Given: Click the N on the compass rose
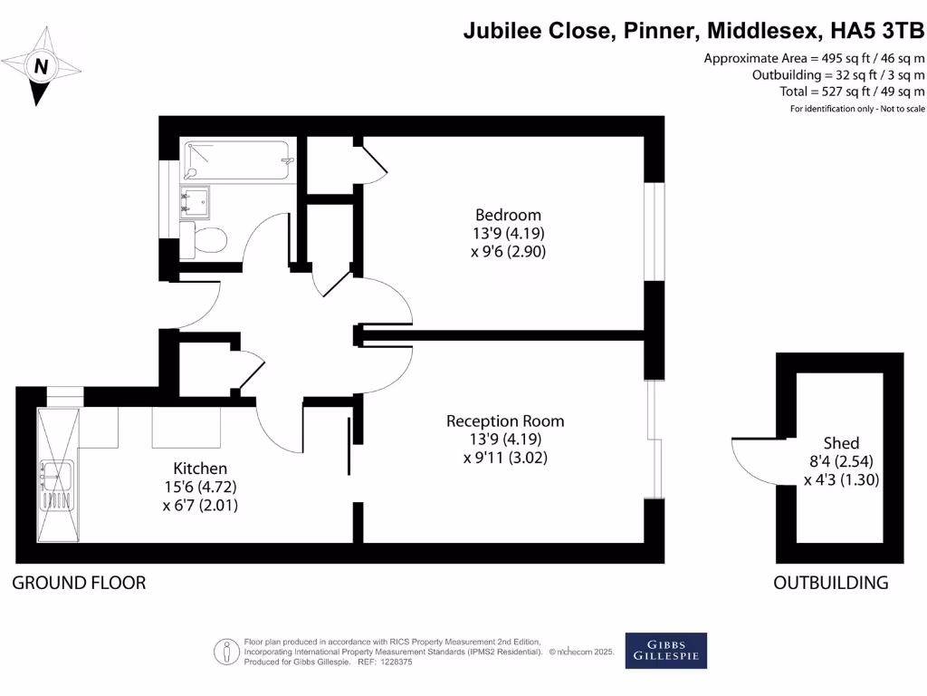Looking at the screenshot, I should pos(41,66).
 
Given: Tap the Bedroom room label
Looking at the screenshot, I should pos(508,215).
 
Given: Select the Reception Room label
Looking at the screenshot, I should pos(505,421).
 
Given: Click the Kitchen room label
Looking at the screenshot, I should pos(200,469).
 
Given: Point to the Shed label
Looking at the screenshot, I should pos(841,443).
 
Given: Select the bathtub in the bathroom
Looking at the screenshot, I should pos(237,161).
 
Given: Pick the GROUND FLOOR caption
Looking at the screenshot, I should pos(79,583).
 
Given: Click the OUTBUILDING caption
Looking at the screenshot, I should pos(830,583).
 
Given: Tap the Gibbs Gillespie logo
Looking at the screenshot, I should pos(665,650).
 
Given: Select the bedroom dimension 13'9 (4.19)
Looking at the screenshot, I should pos(508,233).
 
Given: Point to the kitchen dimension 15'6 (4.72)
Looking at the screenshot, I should pos(200,488).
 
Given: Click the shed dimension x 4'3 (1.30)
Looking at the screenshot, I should pos(841,479).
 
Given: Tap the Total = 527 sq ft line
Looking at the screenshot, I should pos(853,92).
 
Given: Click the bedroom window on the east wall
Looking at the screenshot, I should pos(654,231).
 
